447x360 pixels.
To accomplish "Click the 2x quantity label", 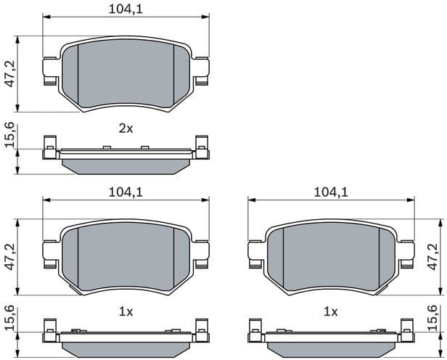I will tap(126, 128).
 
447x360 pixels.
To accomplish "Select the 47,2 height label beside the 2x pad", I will tap(9, 74).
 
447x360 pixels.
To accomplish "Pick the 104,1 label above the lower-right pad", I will tap(330, 192).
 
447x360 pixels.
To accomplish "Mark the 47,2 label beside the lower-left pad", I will tap(9, 258).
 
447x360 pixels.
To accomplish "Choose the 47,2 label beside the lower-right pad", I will tap(434, 258).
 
